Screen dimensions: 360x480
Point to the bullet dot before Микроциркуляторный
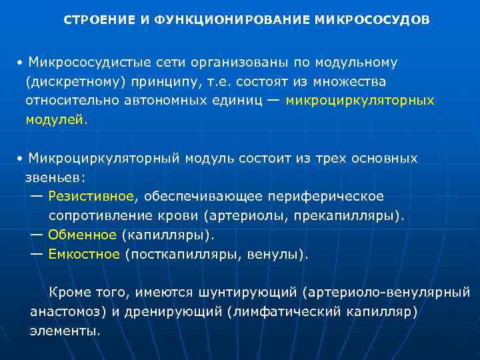click(21, 159)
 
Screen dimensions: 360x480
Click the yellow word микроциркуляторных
click(360, 100)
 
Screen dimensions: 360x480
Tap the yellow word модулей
click(56, 119)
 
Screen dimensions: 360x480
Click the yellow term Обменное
click(83, 235)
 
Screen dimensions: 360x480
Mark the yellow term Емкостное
click(85, 254)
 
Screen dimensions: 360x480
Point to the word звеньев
click(55, 178)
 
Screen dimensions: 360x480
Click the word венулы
click(278, 254)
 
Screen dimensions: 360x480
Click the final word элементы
click(65, 330)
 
